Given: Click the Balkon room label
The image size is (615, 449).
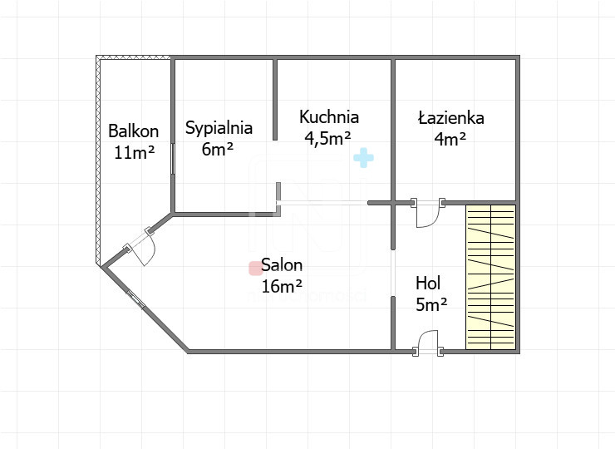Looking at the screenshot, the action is [x=133, y=131].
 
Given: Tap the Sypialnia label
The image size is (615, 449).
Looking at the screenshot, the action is [x=219, y=128].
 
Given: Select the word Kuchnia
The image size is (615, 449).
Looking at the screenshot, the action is [x=328, y=117].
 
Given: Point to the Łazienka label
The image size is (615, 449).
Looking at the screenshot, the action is [x=451, y=118].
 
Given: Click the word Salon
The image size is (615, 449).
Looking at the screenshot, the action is [x=282, y=265].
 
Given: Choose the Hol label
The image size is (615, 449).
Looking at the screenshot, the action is [x=428, y=283].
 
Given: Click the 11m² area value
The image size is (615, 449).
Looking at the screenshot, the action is [x=134, y=152].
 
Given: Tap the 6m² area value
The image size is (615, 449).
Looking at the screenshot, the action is [x=218, y=149].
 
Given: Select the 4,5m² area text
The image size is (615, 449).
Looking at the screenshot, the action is [x=327, y=139].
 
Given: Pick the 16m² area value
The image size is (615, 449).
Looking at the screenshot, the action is [x=282, y=286].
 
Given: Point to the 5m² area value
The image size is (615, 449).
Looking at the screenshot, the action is [x=431, y=304].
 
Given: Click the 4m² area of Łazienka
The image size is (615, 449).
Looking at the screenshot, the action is [x=450, y=139].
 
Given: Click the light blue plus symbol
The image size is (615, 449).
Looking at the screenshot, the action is [x=363, y=158].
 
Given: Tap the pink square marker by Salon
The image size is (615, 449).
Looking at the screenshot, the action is [x=255, y=269].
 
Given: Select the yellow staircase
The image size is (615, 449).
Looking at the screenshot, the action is [x=490, y=277].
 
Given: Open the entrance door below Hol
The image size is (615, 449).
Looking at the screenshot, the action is [x=427, y=343].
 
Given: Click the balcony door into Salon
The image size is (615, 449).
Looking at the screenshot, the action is [x=140, y=245].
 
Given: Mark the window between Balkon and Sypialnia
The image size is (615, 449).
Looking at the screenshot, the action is [x=173, y=158].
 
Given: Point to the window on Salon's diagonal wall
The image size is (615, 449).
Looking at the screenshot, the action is [x=135, y=300].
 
